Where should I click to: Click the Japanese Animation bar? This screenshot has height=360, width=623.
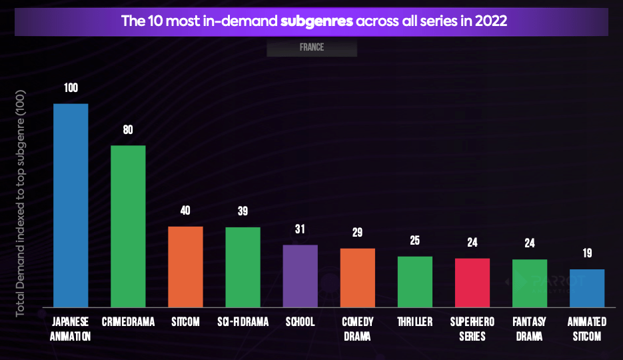71,205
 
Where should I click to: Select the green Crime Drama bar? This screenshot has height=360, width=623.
128,226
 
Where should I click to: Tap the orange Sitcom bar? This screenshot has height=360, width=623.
185,267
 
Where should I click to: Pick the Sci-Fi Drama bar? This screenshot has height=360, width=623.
243,267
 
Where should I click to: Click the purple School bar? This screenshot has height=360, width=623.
300,276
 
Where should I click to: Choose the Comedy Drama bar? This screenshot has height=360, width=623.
358,278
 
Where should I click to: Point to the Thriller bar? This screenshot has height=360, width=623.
415,282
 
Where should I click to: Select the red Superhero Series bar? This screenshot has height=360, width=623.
472,283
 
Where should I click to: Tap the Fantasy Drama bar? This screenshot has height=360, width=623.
530,283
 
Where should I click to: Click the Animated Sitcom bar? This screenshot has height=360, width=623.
587,288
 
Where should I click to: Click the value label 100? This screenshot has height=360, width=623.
71,88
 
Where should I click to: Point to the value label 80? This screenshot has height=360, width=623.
128,130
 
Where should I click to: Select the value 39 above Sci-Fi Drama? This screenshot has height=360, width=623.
243,211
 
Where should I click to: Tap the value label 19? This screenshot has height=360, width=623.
587,253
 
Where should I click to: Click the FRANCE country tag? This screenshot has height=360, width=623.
312,48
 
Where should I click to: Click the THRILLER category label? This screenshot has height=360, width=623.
415,322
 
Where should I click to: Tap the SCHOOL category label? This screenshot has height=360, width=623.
300,322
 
